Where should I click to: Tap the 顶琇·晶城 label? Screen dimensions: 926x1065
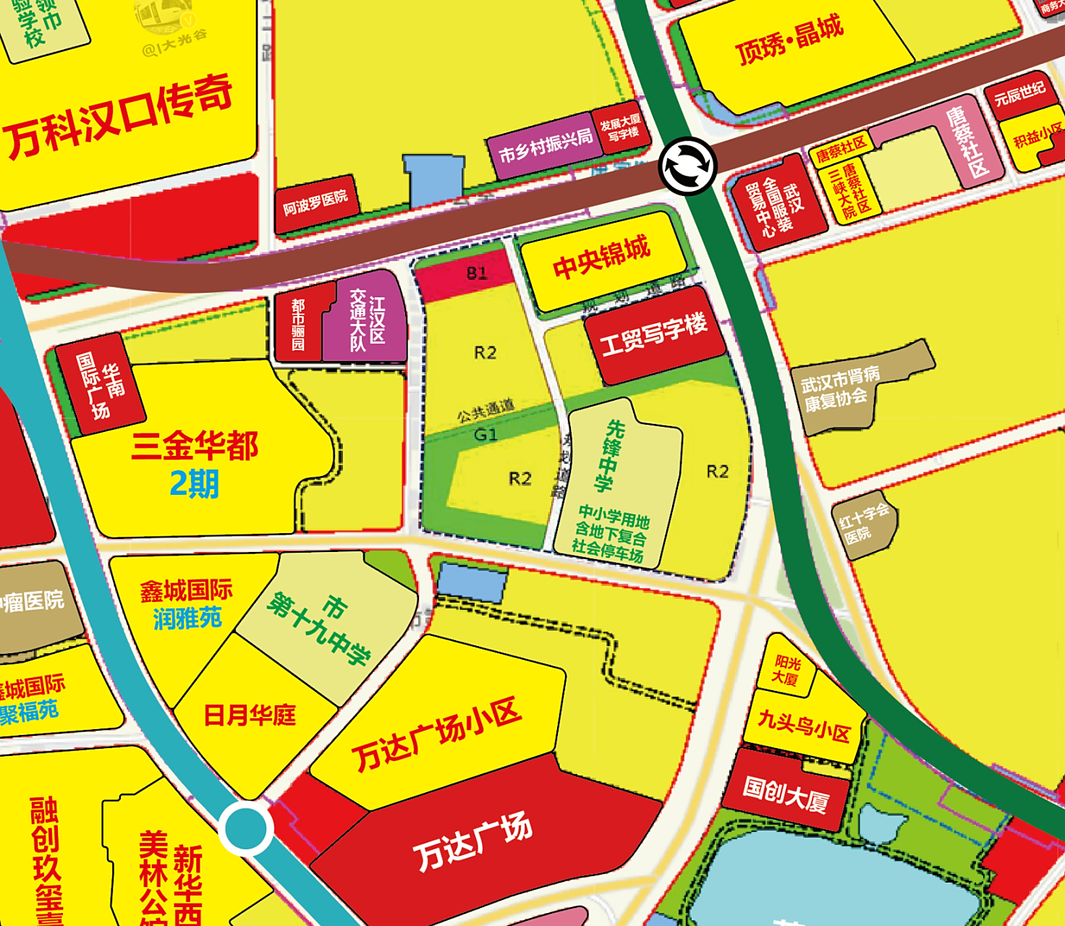789,41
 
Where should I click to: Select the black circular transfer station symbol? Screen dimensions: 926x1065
687,166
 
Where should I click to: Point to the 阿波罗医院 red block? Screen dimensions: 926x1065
316,203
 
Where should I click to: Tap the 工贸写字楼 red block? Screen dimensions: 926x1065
654,334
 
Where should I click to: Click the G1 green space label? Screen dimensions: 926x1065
485,435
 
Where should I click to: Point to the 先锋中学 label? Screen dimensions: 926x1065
609,456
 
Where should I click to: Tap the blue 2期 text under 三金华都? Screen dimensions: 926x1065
194,484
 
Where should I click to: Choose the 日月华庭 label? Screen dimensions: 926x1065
250,715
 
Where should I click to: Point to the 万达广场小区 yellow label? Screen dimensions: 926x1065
436,734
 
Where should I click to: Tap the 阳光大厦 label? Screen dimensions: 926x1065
787,670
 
